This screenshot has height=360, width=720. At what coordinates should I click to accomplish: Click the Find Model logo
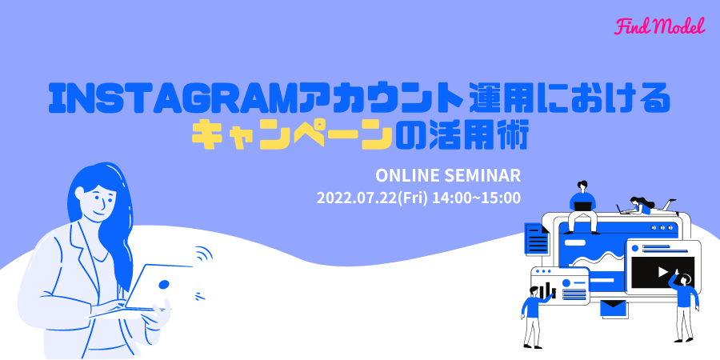coord(659,27)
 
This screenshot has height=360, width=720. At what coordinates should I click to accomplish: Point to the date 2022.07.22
coord(357,198)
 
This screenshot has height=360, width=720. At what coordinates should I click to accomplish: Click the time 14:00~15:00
coord(477,198)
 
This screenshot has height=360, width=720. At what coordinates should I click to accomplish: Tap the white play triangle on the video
coord(662,272)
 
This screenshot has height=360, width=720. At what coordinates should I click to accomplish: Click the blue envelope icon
coord(614,308)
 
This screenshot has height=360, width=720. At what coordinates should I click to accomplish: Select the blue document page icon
coord(537,238)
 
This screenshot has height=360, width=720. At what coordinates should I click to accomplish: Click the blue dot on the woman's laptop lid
coord(163,284)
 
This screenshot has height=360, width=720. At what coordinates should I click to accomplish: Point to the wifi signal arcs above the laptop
coord(204,254)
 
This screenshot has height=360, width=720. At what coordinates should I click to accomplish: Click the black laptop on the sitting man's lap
coord(582,206)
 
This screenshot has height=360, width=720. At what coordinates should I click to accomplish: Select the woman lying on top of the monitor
coord(647,206)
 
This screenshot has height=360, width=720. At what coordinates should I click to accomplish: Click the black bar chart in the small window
coord(547,290)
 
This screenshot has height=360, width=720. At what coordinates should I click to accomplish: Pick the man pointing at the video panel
coord(684,306)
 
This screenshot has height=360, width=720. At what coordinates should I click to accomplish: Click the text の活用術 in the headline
coord(462,136)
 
